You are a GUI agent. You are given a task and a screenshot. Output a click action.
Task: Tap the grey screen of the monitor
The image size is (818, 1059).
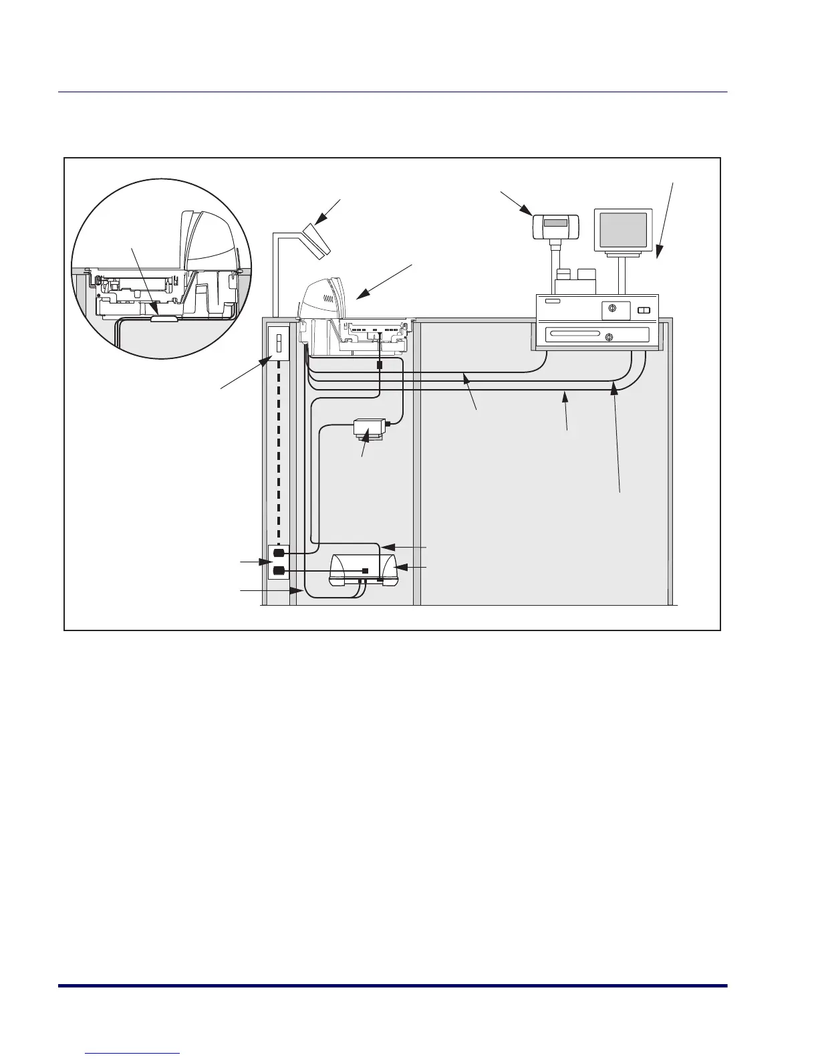pos(623,230)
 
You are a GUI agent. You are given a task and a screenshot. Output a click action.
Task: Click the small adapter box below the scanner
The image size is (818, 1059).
pos(369,428)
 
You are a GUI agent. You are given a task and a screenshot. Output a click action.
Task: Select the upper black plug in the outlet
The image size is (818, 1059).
pos(279,554)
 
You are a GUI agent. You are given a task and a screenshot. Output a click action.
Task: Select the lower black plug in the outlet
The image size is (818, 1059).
pos(279,570)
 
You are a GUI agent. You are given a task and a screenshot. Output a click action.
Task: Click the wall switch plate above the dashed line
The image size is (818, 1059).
pos(278,344)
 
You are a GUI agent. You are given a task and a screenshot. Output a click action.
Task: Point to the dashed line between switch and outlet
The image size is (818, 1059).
pos(278,455)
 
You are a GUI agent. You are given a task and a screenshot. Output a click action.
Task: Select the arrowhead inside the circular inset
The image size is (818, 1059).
pos(154,310)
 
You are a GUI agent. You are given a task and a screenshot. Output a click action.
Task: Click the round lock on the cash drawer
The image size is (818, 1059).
pos(609,337)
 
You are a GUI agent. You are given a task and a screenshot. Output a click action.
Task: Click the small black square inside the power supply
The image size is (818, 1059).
pos(366,570)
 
